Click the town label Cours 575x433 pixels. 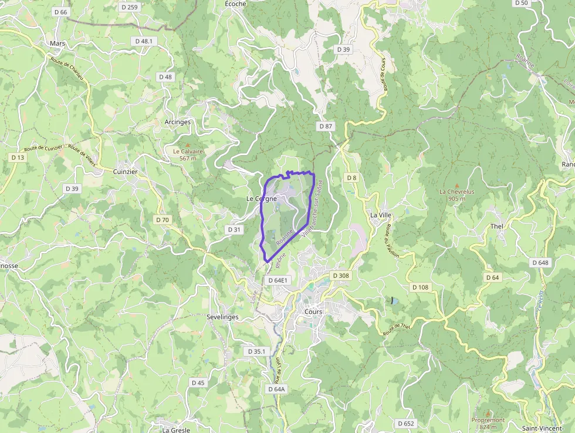point(313,311)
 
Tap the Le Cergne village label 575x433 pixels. point(261,199)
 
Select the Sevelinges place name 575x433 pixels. point(222,317)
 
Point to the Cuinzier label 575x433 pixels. point(125,172)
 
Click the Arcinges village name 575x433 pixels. point(178,122)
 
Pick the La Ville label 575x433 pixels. point(380,215)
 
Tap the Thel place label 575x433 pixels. point(496,226)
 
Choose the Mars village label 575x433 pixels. point(58,43)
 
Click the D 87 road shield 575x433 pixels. point(326,126)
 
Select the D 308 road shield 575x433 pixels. point(340,276)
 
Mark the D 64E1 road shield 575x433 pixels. point(278,281)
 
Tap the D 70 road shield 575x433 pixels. point(163,220)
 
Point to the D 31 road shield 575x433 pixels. point(234,230)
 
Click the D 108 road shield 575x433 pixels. point(421,287)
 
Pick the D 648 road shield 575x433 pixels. point(540,263)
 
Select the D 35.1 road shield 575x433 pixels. point(256,351)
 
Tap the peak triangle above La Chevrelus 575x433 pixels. point(456,185)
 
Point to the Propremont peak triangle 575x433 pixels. point(488,413)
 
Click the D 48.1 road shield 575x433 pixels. point(144,41)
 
